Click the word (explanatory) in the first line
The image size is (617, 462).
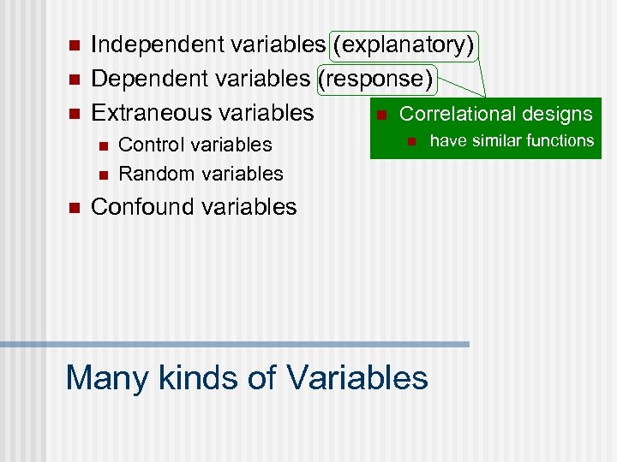tap(404, 44)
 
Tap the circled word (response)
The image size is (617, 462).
tap(376, 79)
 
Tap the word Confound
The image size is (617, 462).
tap(141, 207)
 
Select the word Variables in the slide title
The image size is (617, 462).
tap(357, 376)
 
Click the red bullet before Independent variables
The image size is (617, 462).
tap(73, 45)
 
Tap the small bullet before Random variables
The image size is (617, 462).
tap(103, 175)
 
